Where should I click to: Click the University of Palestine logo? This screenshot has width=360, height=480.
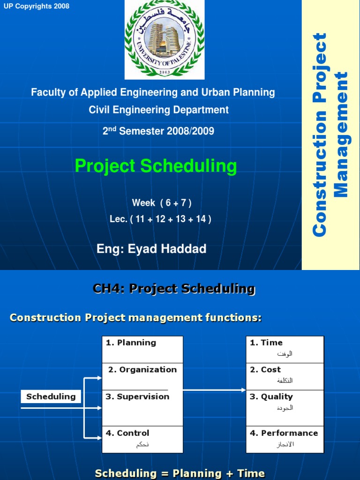pos(165,40)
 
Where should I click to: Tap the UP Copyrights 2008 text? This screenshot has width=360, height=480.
pos(36,6)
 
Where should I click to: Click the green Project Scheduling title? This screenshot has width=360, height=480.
pos(156,166)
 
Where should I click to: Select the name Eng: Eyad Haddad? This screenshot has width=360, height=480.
pos(151,249)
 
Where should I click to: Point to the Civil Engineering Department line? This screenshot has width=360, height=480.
pos(159,110)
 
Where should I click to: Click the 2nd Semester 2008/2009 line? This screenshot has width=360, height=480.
pos(158,131)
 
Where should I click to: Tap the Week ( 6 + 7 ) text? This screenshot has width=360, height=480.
pos(162,203)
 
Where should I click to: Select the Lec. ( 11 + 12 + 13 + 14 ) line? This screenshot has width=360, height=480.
pos(160,219)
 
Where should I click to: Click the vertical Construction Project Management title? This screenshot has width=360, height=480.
pos(330,135)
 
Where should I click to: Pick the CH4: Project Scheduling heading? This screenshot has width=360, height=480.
pos(174,289)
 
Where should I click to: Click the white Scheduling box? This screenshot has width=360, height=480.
pos(51,397)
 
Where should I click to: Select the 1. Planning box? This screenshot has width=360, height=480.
pos(142,349)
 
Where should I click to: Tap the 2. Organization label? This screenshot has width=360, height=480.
pos(142,369)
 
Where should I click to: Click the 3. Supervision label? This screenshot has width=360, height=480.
pos(137,397)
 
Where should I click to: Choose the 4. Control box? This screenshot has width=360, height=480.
pos(142,439)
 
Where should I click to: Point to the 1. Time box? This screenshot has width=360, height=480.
pos(285,349)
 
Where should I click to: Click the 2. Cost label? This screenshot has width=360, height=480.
pos(265,369)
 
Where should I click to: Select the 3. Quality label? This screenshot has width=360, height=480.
pos(271,397)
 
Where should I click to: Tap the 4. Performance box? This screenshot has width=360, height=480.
pos(285,439)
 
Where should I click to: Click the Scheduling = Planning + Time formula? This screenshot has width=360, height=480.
pos(180,473)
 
